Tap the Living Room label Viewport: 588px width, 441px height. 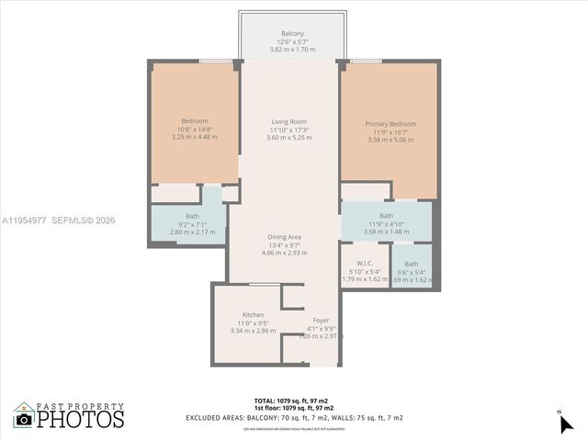[288, 121]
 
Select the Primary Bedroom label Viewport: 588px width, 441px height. [390, 124]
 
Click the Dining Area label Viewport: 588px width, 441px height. [284, 237]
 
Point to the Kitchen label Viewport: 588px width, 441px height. [254, 314]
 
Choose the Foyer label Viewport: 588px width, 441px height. [321, 321]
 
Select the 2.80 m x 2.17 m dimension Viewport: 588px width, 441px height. [193, 232]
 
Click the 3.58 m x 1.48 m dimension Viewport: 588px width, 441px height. [386, 232]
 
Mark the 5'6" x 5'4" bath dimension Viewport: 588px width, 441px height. [412, 271]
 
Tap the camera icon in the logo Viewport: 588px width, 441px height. [24, 420]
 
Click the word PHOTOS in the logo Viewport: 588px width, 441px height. [80, 420]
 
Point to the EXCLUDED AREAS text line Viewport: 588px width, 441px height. [294, 418]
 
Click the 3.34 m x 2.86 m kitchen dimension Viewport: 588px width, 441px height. [254, 329]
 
